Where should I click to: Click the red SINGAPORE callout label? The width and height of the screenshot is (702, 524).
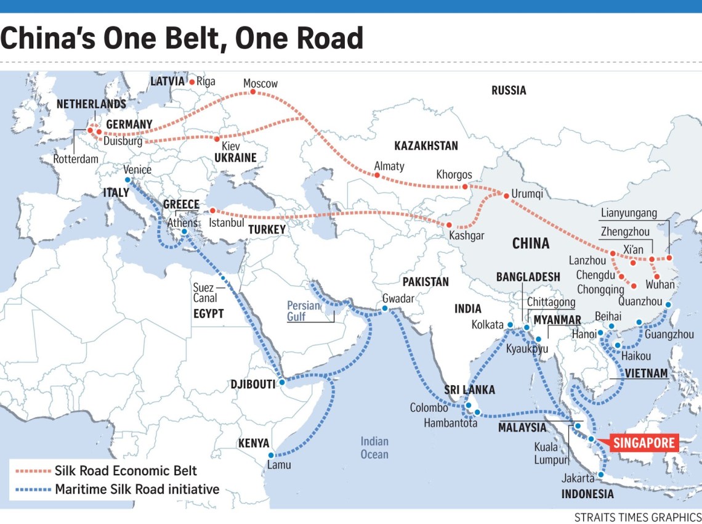pyautogui.click(x=643, y=443)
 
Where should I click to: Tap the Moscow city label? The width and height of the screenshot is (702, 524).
pyautogui.click(x=260, y=83)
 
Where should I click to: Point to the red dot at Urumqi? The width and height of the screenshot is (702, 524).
pyautogui.click(x=506, y=196)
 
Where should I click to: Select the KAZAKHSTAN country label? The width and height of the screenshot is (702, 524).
pyautogui.click(x=426, y=146)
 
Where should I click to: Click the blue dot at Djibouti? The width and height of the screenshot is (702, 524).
pyautogui.click(x=282, y=382)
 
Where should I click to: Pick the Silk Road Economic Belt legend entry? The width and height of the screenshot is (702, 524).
pyautogui.click(x=126, y=471)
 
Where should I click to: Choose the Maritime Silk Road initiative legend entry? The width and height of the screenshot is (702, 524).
pyautogui.click(x=137, y=490)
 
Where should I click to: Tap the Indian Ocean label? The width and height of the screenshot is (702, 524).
pyautogui.click(x=374, y=448)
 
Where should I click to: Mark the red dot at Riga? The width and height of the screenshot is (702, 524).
pyautogui.click(x=192, y=81)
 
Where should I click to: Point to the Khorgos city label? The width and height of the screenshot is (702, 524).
pyautogui.click(x=454, y=174)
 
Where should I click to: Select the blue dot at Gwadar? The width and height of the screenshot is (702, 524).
pyautogui.click(x=385, y=308)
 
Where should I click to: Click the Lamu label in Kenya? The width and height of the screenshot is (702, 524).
pyautogui.click(x=279, y=465)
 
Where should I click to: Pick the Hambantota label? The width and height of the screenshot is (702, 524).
pyautogui.click(x=450, y=423)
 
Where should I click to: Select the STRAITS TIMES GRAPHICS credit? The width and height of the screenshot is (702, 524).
pyautogui.click(x=637, y=517)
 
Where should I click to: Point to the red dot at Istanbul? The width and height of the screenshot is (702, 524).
pyautogui.click(x=213, y=211)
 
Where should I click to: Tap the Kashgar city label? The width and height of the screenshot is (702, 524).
pyautogui.click(x=466, y=235)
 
